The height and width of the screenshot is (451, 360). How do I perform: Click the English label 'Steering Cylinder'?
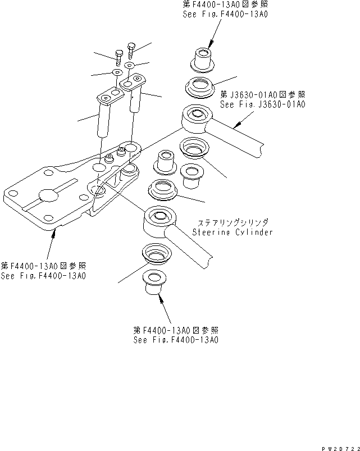pos(232,232)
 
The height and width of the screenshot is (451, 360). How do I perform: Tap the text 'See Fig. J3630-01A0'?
pos(262,104)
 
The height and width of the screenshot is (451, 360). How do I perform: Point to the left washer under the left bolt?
pos(116,73)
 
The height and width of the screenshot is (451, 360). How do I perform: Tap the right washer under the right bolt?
pos(130,66)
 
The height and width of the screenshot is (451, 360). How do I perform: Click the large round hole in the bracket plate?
pos(47,196)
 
